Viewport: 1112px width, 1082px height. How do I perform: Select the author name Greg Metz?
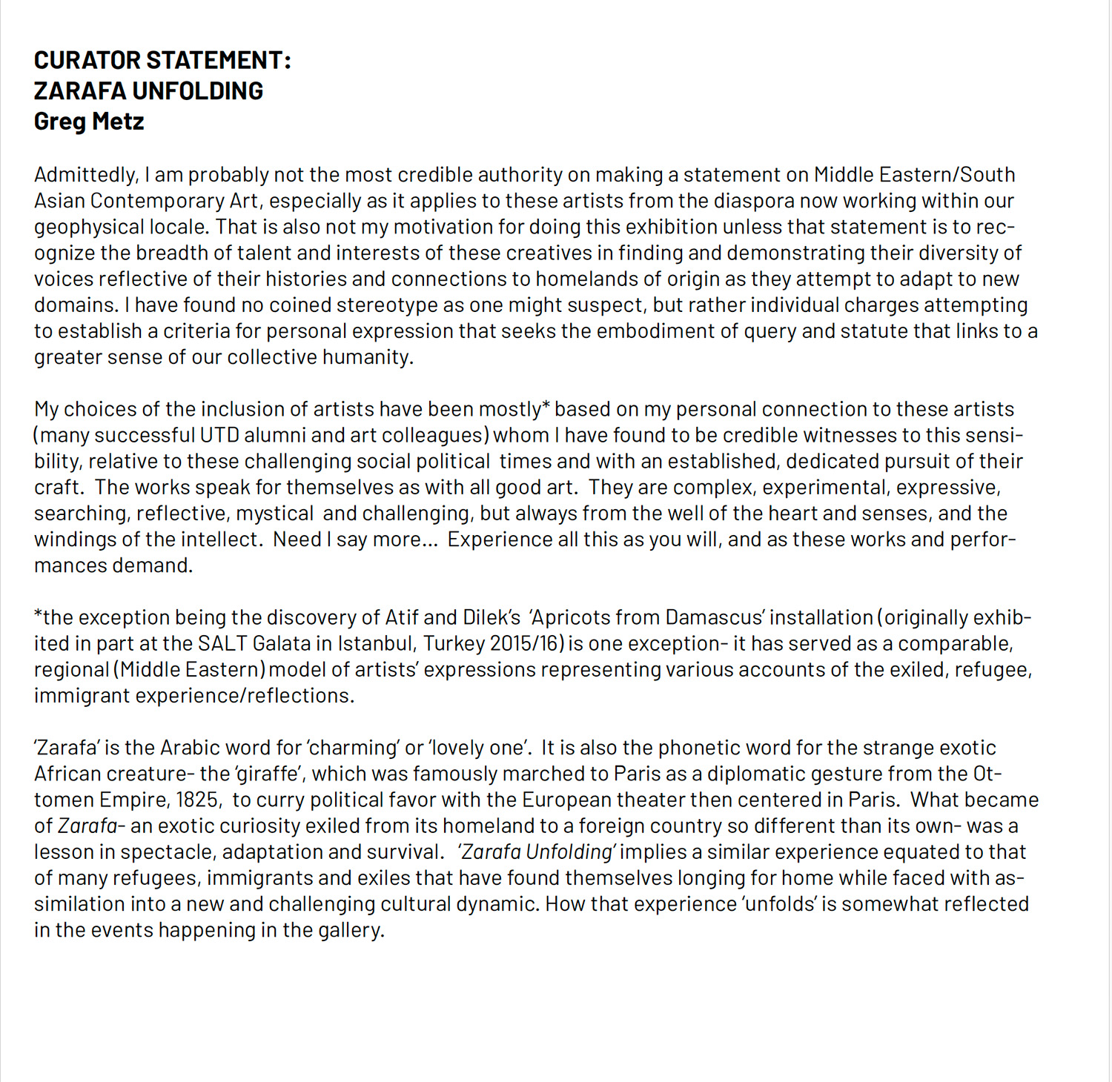pyautogui.click(x=89, y=121)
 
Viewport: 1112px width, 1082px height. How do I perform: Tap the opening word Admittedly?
pyautogui.click(x=85, y=175)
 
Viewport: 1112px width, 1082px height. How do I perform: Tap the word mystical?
pyautogui.click(x=275, y=513)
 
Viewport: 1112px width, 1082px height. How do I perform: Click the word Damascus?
pyautogui.click(x=714, y=617)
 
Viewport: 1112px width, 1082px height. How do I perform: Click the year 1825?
pyautogui.click(x=197, y=800)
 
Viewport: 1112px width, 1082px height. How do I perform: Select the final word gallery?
pyautogui.click(x=351, y=930)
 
